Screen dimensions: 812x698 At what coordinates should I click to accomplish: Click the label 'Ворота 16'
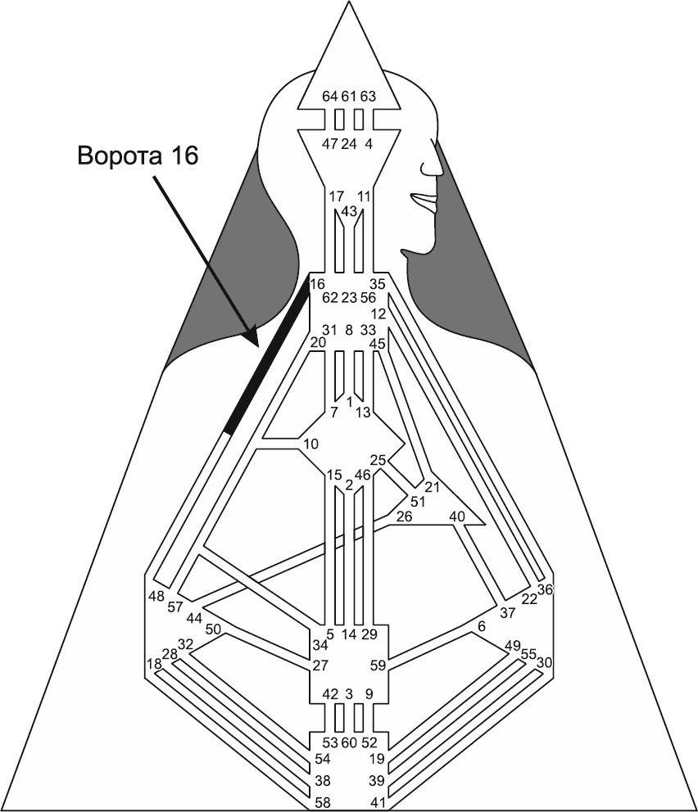point(138,155)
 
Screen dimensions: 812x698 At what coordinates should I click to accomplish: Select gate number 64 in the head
point(329,97)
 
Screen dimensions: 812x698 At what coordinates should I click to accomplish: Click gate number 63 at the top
point(368,97)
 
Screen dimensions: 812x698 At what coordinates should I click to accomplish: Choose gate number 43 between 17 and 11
point(349,210)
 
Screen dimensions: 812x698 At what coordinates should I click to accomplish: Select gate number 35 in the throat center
point(377,285)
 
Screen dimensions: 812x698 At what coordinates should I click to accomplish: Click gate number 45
point(377,344)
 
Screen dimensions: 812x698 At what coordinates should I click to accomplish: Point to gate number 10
point(310,444)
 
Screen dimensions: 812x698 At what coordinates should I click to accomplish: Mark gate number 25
point(378,460)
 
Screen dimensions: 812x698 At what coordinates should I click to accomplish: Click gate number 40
point(457,517)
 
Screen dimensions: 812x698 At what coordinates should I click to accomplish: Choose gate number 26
point(404,517)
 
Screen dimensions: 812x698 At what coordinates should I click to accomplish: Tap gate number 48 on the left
point(156,595)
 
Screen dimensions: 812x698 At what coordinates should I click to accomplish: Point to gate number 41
point(377,801)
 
